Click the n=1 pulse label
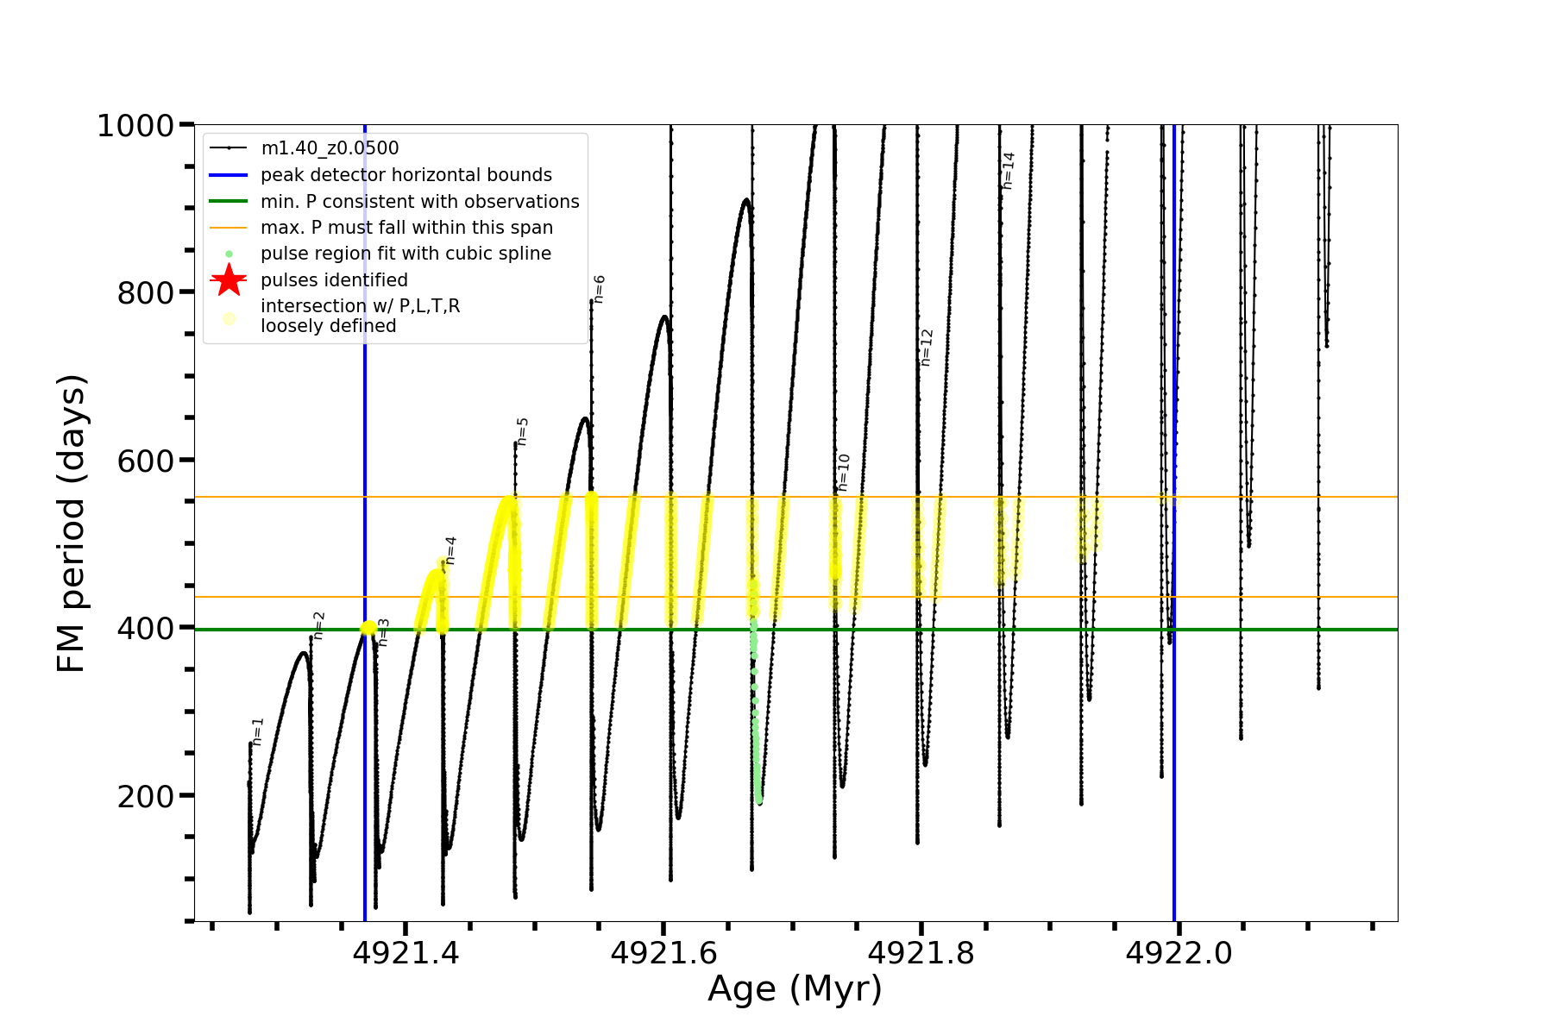point(257,731)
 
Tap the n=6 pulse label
point(600,289)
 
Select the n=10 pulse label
point(844,473)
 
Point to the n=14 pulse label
point(1009,171)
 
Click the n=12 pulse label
point(927,348)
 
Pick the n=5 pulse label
point(522,431)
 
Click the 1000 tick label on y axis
point(135,126)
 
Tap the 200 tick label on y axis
point(146,796)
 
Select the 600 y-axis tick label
point(146,461)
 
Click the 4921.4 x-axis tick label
point(406,953)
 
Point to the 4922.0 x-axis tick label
point(1179,953)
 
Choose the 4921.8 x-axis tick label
point(921,953)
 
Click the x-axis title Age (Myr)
point(795,989)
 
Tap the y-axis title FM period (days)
point(72,523)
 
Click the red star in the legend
point(229,280)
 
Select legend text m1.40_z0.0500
point(330,148)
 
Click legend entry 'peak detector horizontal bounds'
point(406,175)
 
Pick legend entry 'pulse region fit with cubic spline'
point(406,254)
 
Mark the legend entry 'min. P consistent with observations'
point(419,202)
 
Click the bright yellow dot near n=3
point(368,628)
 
